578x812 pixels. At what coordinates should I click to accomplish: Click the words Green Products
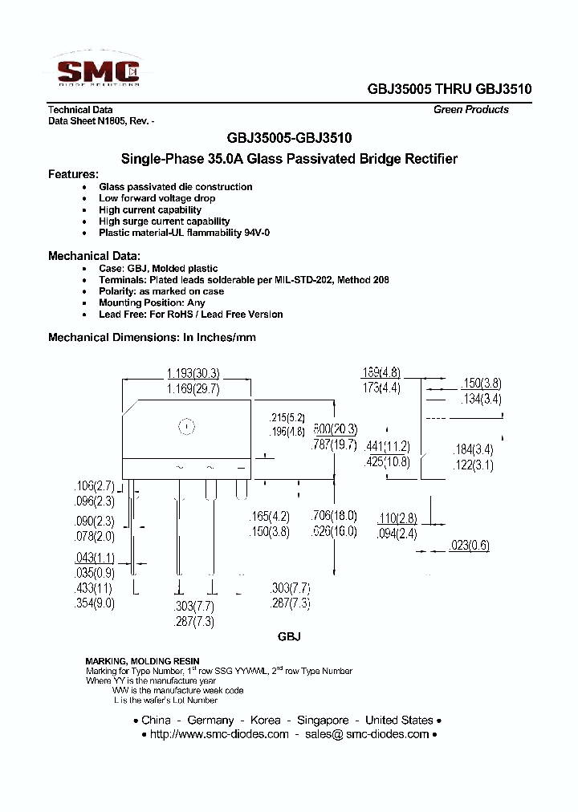(470, 110)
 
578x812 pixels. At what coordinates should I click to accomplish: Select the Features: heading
(73, 174)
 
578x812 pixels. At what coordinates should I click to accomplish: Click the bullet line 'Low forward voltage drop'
(157, 198)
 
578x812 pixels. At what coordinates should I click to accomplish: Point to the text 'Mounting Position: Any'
(152, 303)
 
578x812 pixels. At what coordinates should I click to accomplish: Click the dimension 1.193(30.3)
(193, 373)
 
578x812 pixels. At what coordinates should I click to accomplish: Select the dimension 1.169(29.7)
(193, 388)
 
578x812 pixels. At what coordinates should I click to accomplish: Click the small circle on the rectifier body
(186, 427)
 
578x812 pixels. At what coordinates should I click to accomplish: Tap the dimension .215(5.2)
(287, 418)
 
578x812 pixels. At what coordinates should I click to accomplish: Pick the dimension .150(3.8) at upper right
(482, 383)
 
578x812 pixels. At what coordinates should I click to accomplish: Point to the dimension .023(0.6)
(469, 546)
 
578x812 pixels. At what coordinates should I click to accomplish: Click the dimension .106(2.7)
(96, 485)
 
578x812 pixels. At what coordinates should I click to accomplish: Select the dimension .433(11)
(95, 588)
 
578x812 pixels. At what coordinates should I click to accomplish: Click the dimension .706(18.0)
(333, 516)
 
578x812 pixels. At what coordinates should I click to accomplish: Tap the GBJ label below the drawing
(289, 636)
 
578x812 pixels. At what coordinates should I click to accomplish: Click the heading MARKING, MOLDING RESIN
(143, 660)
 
